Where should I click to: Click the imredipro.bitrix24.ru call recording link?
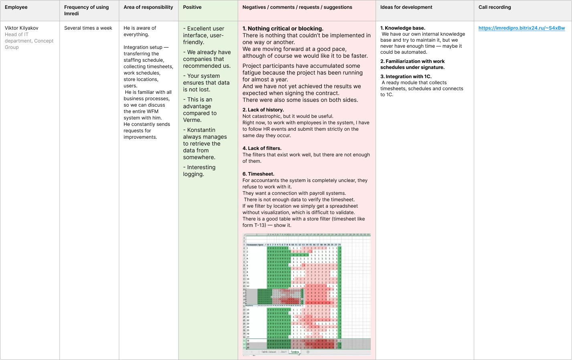click(x=521, y=28)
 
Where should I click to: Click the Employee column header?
click(x=16, y=7)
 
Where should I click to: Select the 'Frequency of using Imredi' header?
click(x=86, y=10)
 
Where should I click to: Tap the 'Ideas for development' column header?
click(x=406, y=7)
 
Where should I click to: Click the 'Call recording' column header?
click(x=495, y=7)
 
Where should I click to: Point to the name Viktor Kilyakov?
click(x=22, y=28)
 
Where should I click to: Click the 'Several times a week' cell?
click(x=88, y=28)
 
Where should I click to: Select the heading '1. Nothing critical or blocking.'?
click(x=283, y=28)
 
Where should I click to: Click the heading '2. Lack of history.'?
click(x=263, y=110)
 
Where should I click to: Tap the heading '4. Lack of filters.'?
click(x=262, y=148)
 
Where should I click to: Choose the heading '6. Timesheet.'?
click(x=258, y=174)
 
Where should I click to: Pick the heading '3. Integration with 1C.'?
click(x=406, y=77)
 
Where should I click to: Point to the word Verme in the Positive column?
click(x=192, y=120)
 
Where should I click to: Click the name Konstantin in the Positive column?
click(x=201, y=130)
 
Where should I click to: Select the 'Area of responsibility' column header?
click(x=148, y=7)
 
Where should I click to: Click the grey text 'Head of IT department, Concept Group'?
click(x=29, y=41)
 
